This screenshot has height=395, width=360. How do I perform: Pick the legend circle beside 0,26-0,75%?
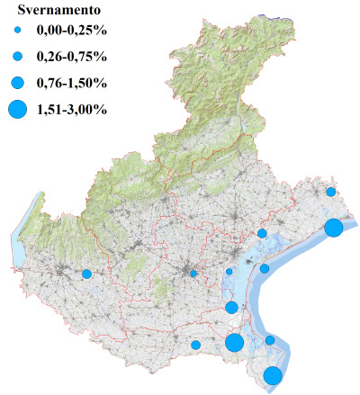(19, 57)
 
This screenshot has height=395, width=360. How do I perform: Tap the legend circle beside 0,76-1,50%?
(19, 83)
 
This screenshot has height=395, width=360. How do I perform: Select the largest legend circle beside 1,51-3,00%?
(19, 110)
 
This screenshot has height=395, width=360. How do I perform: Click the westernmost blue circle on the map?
(86, 274)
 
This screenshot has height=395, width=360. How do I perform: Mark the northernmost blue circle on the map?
(331, 192)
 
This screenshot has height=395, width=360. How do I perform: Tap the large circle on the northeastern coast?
(333, 228)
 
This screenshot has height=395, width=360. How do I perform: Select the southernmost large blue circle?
(273, 376)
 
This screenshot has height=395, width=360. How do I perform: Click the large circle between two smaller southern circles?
(234, 343)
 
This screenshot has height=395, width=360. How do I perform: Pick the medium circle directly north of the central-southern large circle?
(231, 308)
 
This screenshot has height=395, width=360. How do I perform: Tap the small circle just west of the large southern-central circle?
(195, 345)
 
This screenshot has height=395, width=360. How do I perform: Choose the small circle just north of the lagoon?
(262, 233)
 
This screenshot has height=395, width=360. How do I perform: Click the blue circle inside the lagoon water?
(265, 268)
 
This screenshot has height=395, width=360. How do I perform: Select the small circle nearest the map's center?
(193, 274)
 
